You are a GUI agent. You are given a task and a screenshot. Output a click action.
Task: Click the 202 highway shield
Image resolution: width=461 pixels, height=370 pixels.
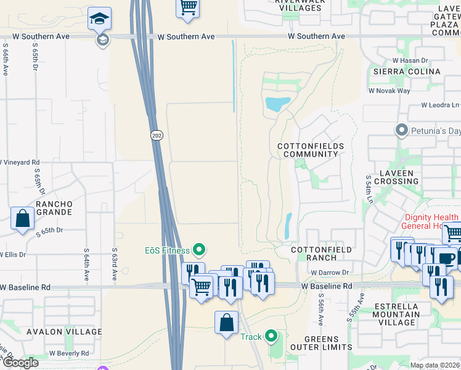pos(155,134)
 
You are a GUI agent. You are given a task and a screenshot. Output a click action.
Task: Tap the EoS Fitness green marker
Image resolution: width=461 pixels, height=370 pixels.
pos(199,250)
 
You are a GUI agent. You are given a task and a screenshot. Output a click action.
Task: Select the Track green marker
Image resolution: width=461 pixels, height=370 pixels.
pos(271,336)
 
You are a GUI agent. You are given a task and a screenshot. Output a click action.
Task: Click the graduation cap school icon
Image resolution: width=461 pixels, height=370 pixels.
pos(99,20)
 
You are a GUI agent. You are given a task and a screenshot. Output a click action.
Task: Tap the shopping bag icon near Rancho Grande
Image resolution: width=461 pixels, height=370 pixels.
pos(22,218)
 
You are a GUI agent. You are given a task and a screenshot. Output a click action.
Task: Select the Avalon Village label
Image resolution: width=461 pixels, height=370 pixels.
pos(64,332)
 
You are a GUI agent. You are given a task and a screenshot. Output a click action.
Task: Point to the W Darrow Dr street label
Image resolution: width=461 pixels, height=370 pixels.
pos(330,272)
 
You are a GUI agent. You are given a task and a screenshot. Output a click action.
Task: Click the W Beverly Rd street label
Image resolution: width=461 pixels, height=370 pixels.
pos(69,353)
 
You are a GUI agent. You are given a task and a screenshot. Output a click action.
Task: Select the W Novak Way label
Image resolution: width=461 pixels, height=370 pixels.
pos(390,91)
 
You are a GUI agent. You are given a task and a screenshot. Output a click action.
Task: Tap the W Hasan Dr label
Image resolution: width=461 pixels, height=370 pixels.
pos(410,60)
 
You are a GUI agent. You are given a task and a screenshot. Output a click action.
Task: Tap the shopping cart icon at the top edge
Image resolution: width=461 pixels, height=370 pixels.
pos(188,7)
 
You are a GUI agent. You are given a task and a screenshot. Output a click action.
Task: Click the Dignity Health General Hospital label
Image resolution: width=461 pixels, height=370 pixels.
pos(431,221)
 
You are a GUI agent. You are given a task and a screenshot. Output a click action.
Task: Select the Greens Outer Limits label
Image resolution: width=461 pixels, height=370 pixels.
pos(321,343)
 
